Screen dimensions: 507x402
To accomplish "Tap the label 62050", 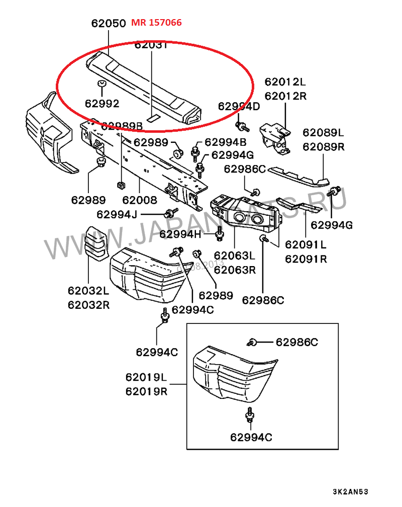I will pos(108,24).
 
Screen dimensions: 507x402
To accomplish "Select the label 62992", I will pos(102,104).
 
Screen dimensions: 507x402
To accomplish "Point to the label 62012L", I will pos(285,81).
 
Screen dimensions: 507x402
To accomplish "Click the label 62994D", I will pos(239,106).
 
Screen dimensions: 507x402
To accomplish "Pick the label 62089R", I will pos(323,147).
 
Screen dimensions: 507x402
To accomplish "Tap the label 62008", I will pos(140,200).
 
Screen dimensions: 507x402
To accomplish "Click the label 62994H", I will pos(180,234).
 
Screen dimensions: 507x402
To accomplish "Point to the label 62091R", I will pos(306,259).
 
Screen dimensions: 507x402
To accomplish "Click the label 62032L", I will pos(88,291).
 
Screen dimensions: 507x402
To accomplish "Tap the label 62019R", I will pos(147,391).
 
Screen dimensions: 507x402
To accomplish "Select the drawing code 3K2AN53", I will pos(354,491).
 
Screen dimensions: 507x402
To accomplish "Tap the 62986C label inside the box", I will pos(296,343).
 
